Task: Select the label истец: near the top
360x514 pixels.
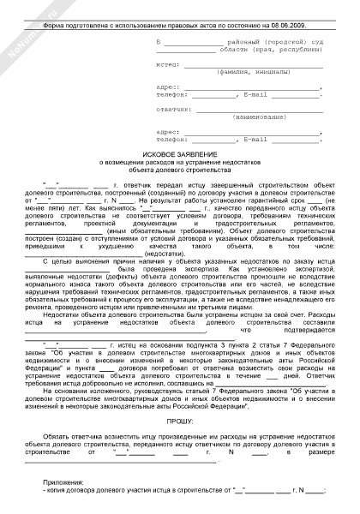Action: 169,63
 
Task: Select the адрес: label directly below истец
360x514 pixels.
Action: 170,87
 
